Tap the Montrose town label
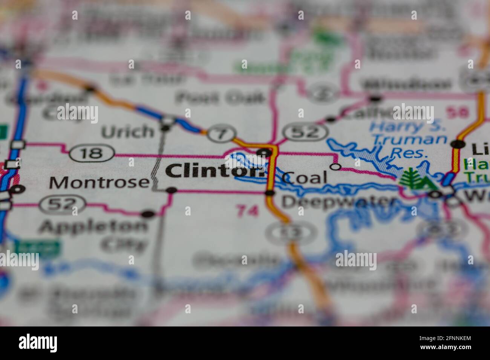(99, 183)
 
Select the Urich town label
(128, 132)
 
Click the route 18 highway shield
(92, 153)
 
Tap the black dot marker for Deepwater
(270, 193)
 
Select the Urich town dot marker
(165, 128)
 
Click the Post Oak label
(220, 98)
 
